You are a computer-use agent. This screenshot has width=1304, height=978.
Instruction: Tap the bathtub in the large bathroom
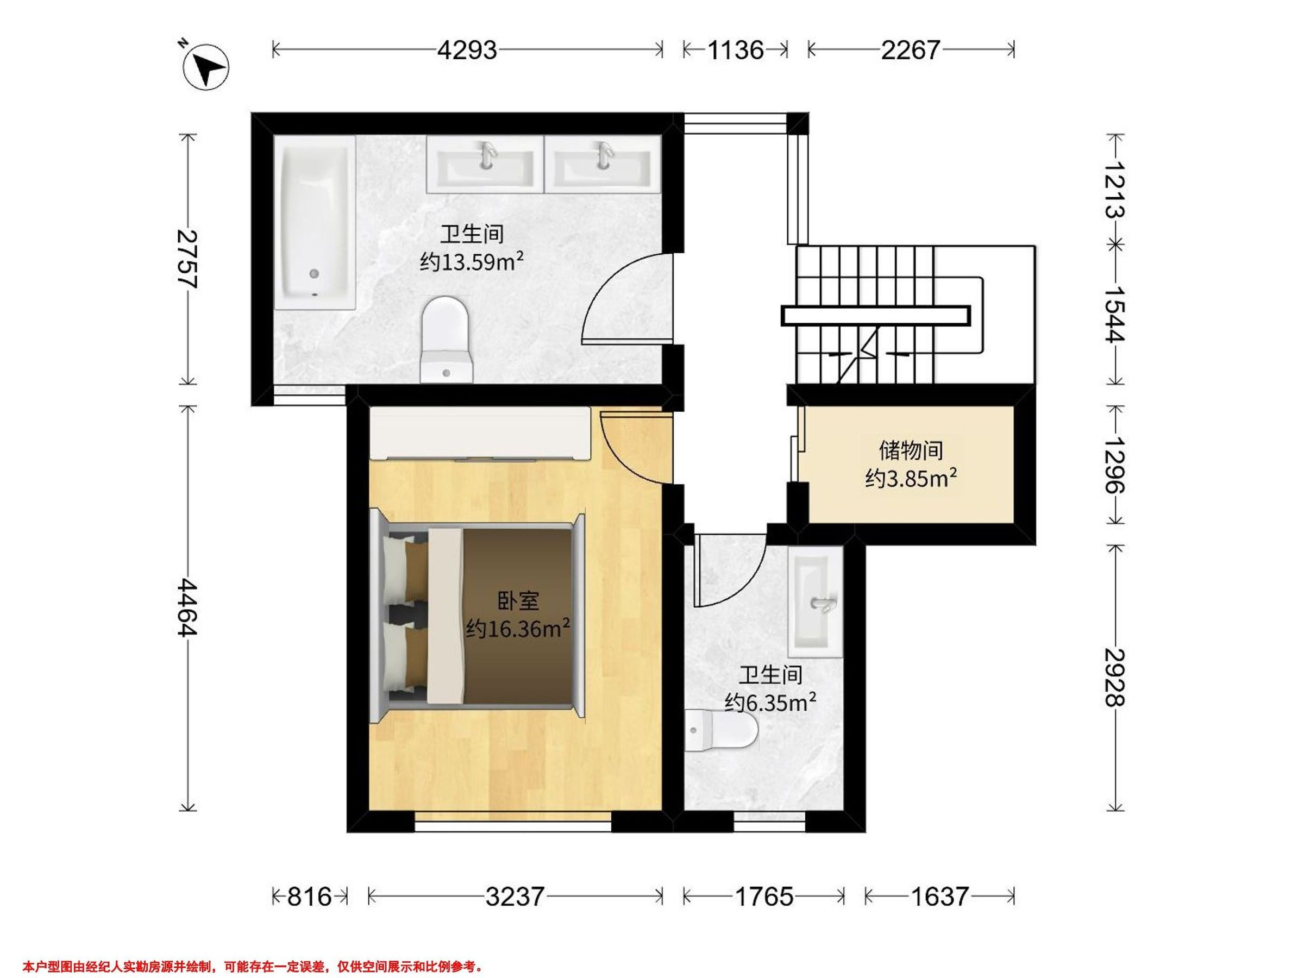pyautogui.click(x=315, y=222)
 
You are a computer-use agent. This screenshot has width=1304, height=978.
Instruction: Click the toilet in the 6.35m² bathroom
pyautogui.click(x=720, y=731)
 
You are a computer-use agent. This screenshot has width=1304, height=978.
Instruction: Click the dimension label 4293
pyautogui.click(x=467, y=50)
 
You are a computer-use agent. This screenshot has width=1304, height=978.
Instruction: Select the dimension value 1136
pyautogui.click(x=735, y=50)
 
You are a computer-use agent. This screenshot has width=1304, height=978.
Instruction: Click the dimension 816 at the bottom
pyautogui.click(x=310, y=896)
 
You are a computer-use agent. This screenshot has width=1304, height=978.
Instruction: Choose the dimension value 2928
pyautogui.click(x=1115, y=678)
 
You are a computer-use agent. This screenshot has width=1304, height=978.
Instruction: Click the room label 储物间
pyautogui.click(x=911, y=451)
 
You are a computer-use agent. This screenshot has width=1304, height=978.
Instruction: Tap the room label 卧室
pyautogui.click(x=518, y=601)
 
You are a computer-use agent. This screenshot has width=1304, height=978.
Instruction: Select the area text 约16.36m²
pyautogui.click(x=518, y=629)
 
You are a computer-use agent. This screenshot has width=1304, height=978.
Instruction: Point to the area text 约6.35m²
pyautogui.click(x=770, y=702)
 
